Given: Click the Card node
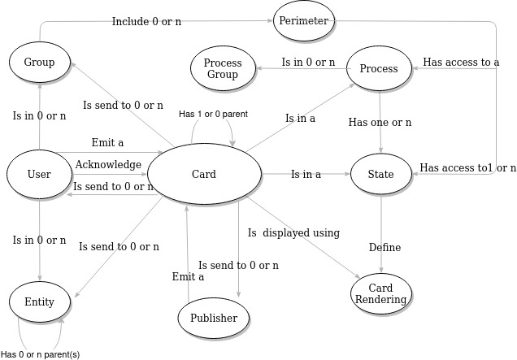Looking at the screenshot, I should (x=204, y=174).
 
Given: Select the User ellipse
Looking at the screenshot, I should (x=39, y=174).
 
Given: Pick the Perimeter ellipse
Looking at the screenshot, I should (x=304, y=21).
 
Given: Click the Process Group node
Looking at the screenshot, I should (x=222, y=68).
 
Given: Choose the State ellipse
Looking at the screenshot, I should (x=380, y=174).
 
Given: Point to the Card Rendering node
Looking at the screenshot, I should (x=380, y=294).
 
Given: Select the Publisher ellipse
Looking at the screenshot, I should (x=214, y=318).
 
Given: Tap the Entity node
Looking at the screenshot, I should (x=39, y=301).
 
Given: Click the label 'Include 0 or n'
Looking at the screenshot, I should (x=146, y=21).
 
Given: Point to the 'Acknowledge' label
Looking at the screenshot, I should (x=108, y=164).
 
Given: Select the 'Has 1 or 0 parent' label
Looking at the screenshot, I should (x=213, y=113).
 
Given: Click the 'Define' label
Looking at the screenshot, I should (x=384, y=247).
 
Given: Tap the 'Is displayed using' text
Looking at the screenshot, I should (x=293, y=233).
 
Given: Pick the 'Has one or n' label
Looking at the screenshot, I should (x=380, y=123).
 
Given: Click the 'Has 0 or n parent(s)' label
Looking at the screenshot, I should (x=40, y=353).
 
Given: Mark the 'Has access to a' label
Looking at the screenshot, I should (x=461, y=62).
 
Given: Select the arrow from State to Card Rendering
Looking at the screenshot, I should (x=380, y=236).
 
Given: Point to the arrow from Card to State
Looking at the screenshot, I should (x=305, y=174).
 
